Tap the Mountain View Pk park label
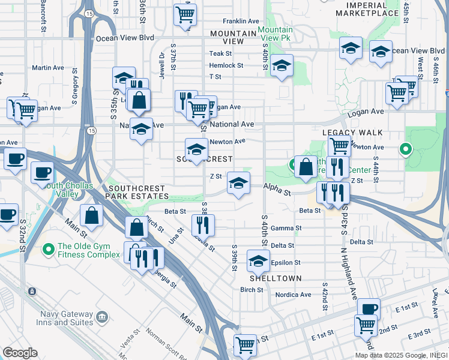click(276, 34)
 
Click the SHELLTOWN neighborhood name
click(270, 279)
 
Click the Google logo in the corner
click(20, 353)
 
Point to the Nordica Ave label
click(293, 295)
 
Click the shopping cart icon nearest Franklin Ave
click(185, 14)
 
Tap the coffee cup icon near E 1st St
click(369, 308)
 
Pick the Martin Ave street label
click(48, 68)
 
